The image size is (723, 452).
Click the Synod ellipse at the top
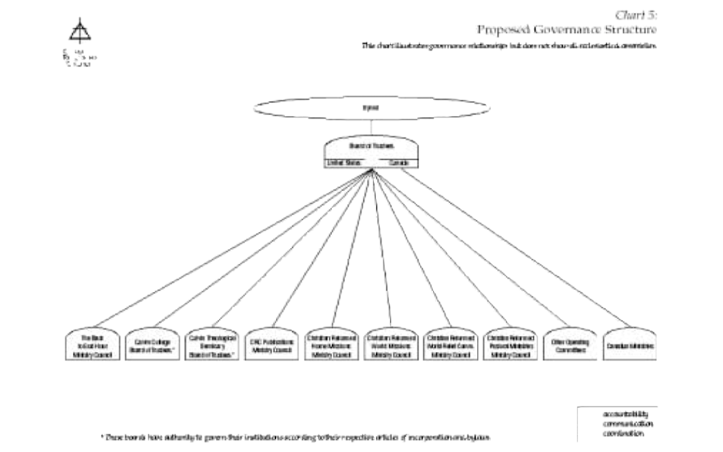click(372, 107)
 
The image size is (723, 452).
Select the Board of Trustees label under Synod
click(373, 147)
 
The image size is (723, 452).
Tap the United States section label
click(345, 163)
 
